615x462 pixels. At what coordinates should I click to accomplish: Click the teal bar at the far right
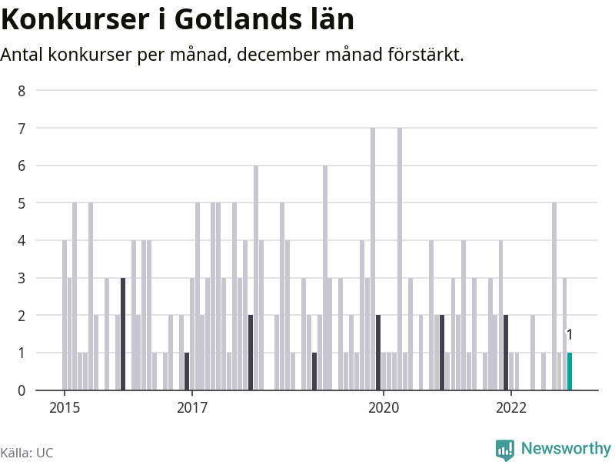coord(570,371)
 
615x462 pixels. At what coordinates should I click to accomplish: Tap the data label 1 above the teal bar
coord(570,334)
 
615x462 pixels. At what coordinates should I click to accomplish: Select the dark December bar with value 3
coord(123,334)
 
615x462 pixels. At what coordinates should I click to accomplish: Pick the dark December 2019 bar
coord(378,353)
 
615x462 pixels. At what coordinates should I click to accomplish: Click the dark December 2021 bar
coord(506,353)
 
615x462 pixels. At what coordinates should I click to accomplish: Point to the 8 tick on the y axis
coord(22,91)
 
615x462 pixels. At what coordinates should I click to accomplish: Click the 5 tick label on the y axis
coord(22,203)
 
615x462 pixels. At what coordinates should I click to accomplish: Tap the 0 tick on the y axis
coord(22,390)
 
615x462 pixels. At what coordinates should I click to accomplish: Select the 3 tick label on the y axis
coord(22,278)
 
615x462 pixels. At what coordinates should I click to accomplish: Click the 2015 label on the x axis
coord(64,407)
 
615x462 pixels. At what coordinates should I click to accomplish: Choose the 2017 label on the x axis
coord(192,407)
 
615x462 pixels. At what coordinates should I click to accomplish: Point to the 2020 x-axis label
coord(384,407)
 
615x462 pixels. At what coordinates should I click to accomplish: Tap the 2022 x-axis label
coord(511,407)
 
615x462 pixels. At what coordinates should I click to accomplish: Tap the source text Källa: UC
coord(27,453)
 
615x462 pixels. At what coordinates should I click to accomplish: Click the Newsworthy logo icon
coord(505,450)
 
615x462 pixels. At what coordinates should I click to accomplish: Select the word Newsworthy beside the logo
coord(566,448)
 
